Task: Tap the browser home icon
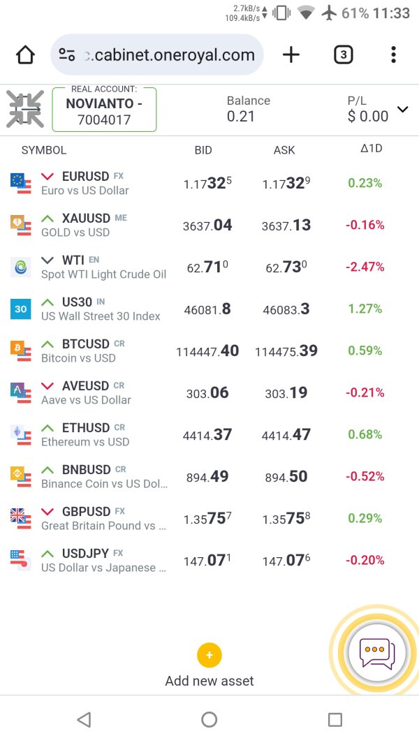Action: coord(25,55)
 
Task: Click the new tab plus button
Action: coord(291,55)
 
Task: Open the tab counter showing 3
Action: coord(343,55)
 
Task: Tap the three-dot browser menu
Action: coord(394,55)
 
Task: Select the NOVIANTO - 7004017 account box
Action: coord(104,110)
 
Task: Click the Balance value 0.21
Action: coord(241,117)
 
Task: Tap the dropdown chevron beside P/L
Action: coord(402,109)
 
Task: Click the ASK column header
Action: coord(284,150)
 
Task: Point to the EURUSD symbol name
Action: coord(85,177)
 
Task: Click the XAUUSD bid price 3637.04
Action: coord(207,225)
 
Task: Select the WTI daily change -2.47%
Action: coord(365,267)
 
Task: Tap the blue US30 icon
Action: coord(21,309)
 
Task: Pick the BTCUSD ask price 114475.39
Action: coord(286,351)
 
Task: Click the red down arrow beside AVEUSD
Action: coord(47,385)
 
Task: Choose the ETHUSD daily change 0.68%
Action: coord(365,434)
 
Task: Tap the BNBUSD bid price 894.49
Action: coord(207,477)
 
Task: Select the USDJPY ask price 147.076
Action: coord(286,561)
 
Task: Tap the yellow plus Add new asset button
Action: coord(209,656)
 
